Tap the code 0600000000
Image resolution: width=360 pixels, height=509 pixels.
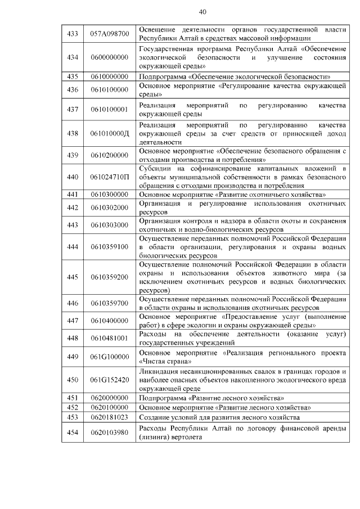(110, 57)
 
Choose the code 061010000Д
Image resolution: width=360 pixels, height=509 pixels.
(110, 133)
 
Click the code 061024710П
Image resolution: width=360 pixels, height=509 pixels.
(110, 177)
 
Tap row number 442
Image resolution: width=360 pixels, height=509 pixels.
(72, 207)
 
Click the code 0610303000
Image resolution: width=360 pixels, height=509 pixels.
(110, 224)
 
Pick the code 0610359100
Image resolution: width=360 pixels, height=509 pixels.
(110, 246)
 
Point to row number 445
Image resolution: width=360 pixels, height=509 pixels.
(72, 277)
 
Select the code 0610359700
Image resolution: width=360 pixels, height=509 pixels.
(110, 303)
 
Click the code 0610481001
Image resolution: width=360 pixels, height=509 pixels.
(110, 338)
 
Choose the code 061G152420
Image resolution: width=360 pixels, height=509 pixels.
(110, 380)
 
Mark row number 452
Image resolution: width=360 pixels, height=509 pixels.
(72, 407)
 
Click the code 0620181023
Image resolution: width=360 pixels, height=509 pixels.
(110, 417)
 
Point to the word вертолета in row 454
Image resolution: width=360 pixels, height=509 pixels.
(183, 436)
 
